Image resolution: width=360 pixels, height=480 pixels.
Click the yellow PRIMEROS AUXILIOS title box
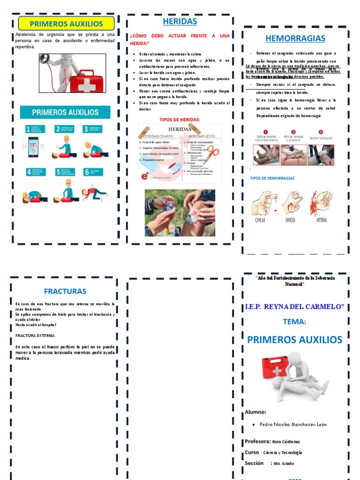point(66,23)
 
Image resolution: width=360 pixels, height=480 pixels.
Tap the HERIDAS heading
point(180,22)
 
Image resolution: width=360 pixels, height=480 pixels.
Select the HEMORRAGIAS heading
point(295,38)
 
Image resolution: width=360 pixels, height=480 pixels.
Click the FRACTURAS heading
point(65,291)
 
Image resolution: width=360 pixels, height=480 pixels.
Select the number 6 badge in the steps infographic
point(86,172)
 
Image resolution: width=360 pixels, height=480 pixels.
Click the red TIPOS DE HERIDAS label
point(180,120)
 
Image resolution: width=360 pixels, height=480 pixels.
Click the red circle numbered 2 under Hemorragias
point(293,132)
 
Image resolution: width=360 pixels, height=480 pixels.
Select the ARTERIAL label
point(321,219)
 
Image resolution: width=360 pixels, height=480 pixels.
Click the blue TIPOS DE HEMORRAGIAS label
point(272,179)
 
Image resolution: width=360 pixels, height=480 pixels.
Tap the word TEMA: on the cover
point(294,322)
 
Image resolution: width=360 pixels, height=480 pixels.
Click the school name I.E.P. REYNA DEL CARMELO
point(294,307)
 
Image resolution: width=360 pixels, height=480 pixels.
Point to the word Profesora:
point(257,441)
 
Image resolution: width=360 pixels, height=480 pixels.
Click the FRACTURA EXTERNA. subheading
point(35,336)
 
